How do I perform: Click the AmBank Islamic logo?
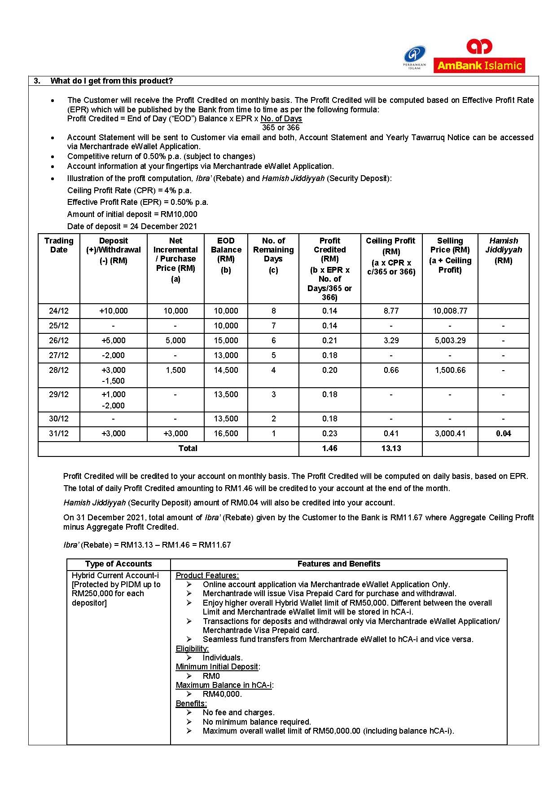coord(479,57)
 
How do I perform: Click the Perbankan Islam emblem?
coord(415,58)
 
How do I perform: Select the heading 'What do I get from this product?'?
coord(111,81)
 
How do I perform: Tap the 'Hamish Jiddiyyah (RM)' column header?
coord(503,250)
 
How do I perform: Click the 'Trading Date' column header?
coord(59,245)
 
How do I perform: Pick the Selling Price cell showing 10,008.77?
coord(450,311)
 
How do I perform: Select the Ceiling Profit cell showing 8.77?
coord(391,311)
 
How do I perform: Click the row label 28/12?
coord(59,370)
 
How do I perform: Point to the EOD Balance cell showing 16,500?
coord(226,434)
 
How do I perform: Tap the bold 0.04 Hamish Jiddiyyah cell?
coord(503,434)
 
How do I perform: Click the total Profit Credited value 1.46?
coord(329,448)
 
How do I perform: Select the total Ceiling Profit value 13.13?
coord(391,448)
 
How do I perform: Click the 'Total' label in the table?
coord(188,448)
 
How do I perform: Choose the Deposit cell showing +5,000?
coord(114,341)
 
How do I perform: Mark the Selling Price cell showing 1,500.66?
coord(450,370)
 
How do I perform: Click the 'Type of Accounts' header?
coord(118,564)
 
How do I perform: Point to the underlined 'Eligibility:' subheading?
coord(192,649)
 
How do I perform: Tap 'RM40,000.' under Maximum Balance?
coord(222,694)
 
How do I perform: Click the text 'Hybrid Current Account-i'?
coord(115,576)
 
